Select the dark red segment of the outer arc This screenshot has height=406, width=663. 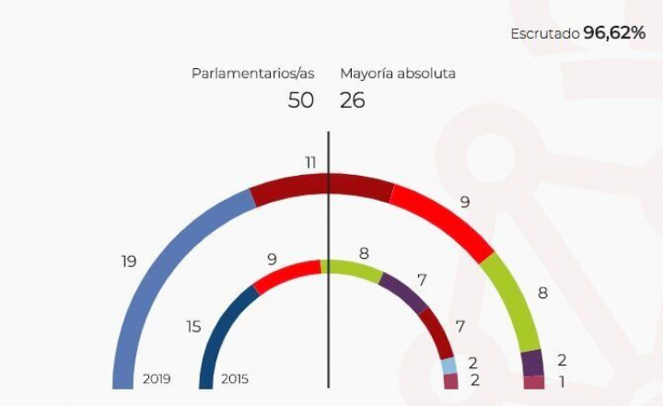322,185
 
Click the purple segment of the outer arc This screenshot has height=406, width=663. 532,363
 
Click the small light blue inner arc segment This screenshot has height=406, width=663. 448,365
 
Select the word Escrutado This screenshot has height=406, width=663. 544,34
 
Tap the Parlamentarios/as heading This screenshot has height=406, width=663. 252,73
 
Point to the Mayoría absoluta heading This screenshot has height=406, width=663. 398,73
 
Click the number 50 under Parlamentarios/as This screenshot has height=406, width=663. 300,100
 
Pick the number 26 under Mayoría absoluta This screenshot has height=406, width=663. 353,100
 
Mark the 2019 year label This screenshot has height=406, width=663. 156,378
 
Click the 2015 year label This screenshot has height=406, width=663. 235,378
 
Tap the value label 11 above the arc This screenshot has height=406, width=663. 311,162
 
